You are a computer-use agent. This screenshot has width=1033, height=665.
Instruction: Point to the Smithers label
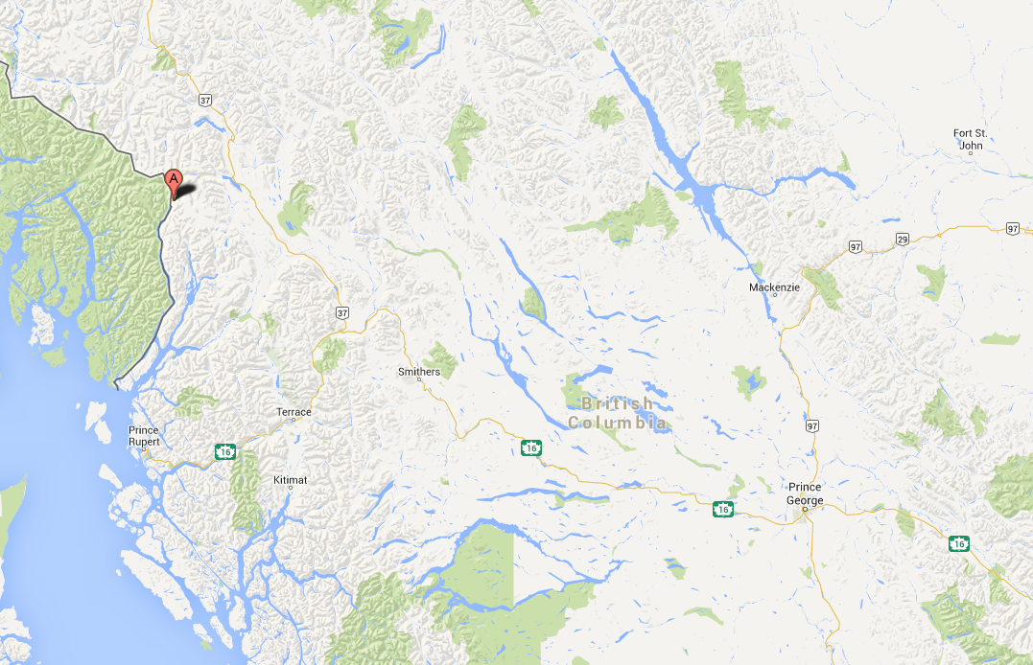pos(419,372)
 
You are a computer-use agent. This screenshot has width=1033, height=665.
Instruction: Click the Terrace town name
pos(293,412)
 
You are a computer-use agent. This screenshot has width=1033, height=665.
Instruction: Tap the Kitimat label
pos(290,478)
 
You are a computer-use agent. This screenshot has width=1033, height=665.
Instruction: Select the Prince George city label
pos(805,493)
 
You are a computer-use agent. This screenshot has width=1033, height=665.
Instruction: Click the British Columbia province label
pos(617,413)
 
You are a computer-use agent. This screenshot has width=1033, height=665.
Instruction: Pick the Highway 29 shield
pos(902,238)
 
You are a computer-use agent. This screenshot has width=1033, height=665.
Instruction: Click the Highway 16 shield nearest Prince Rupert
pos(225,450)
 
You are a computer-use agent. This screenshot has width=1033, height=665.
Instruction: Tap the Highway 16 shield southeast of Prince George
pos(958,543)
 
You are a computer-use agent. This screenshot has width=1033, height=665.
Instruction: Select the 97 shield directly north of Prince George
pos(813,425)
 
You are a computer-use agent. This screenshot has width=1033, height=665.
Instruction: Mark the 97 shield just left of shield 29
pos(856,247)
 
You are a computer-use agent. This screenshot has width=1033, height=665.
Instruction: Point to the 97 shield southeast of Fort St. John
pos(1014,228)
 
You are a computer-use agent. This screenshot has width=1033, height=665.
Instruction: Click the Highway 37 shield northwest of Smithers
pos(342,313)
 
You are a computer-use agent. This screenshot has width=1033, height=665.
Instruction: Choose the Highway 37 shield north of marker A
pos(205,99)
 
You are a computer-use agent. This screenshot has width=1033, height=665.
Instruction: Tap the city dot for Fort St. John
pos(961,146)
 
